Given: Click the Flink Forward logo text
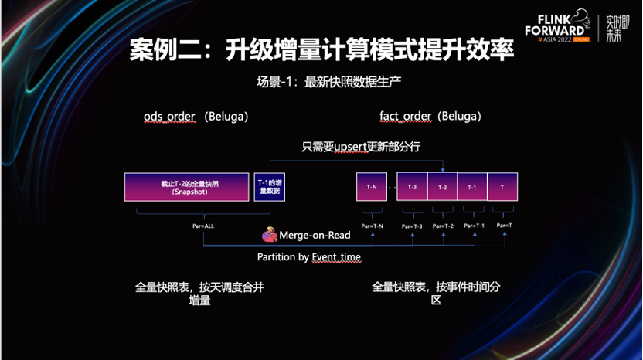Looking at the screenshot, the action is [554, 26].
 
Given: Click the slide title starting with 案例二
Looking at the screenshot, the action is [321, 51].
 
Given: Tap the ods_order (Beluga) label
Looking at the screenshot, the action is [196, 116].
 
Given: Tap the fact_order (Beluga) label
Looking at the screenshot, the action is [430, 116].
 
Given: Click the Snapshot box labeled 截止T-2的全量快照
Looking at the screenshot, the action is [187, 188].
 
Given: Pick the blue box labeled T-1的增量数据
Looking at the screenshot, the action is [269, 188].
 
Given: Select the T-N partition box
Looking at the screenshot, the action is [371, 187].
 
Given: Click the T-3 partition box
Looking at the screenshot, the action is [412, 187].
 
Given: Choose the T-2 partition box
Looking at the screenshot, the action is [442, 187].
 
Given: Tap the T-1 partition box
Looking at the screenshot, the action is [472, 187].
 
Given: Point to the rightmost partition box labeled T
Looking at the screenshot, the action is [502, 187].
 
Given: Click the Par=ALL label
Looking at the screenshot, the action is [203, 226].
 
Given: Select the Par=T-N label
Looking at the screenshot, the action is [373, 226].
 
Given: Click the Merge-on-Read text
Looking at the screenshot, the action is [315, 235].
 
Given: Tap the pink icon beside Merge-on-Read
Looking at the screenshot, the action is [270, 233].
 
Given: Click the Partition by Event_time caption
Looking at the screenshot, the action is [308, 256].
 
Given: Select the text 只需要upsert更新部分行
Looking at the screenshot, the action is [361, 146].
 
